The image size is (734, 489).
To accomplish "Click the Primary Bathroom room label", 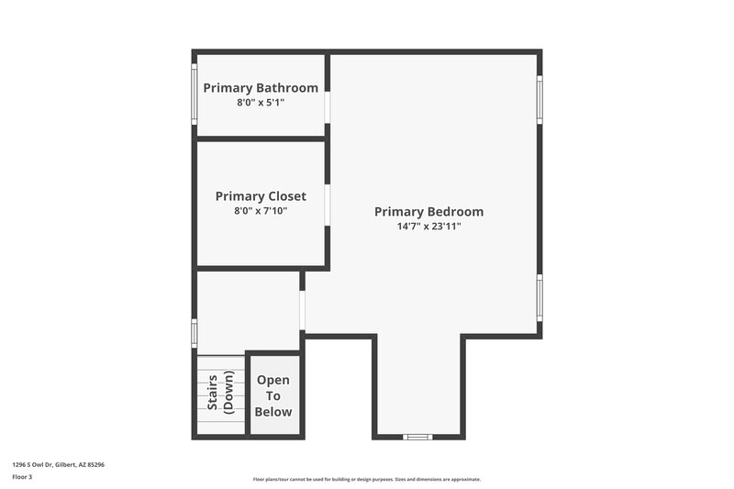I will [x=261, y=88].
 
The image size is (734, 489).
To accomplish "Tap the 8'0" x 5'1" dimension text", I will [x=261, y=103].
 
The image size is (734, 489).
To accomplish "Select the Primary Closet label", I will [x=261, y=196].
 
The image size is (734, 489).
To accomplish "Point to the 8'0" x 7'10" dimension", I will [x=261, y=211].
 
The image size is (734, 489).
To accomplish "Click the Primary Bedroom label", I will [x=428, y=212].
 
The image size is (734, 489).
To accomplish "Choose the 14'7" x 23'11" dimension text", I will [x=428, y=226].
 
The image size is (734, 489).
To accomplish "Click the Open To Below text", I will [x=273, y=395].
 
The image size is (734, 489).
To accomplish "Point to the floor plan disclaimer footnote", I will [x=367, y=479].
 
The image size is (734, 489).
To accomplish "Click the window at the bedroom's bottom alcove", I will [x=418, y=437].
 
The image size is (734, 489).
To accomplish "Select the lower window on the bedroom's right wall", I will [x=539, y=297].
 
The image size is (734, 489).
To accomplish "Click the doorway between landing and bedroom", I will [x=302, y=311].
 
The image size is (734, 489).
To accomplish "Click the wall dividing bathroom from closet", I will [x=261, y=139].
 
